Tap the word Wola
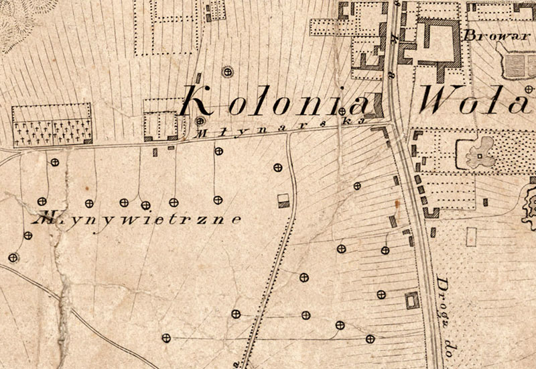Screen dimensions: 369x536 coord(476,101)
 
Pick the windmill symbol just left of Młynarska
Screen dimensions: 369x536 coord(199,121)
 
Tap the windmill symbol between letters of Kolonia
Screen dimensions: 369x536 coord(342,111)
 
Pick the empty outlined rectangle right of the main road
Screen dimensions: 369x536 coord(472,236)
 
